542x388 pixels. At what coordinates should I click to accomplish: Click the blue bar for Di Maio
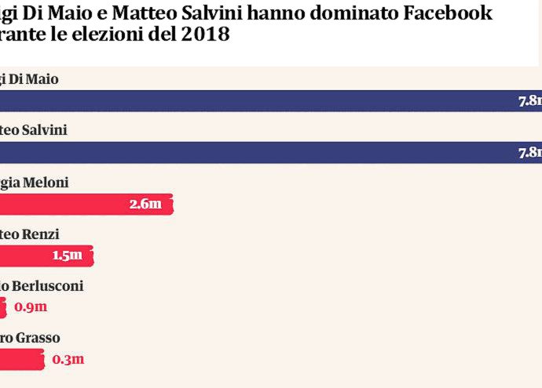click(x=259, y=101)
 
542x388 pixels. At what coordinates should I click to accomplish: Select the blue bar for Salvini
click(x=259, y=152)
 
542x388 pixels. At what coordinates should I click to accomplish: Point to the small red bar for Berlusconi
click(x=3, y=307)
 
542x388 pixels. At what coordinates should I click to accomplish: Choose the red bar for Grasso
click(x=22, y=359)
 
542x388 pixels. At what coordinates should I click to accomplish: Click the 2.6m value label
click(x=145, y=205)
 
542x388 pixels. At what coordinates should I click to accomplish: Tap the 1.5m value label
click(x=67, y=256)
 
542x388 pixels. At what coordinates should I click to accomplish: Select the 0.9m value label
click(x=31, y=307)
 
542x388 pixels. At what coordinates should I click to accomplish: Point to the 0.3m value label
click(x=68, y=360)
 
